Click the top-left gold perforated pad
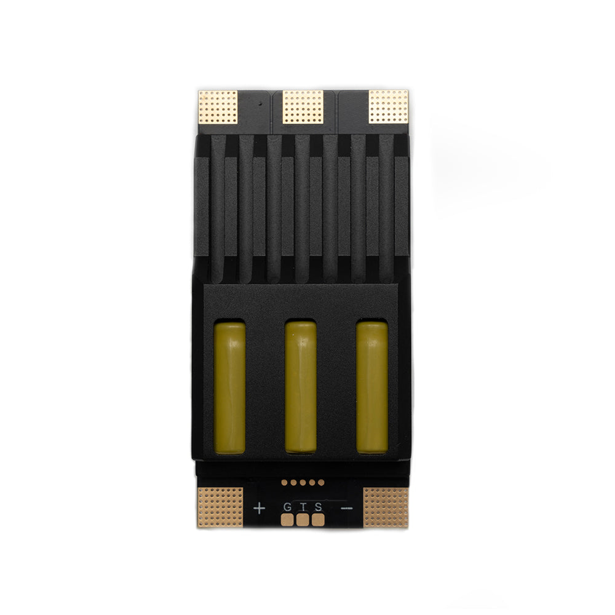coord(218,107)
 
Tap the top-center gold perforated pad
coord(303,107)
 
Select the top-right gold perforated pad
coord(388,106)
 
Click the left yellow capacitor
coord(230,387)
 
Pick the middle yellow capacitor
coord(301,387)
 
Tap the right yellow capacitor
coord(372,387)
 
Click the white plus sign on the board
coord(259,509)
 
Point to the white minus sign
coord(347,509)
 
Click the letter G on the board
coord(287,507)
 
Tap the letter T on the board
coord(303,507)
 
